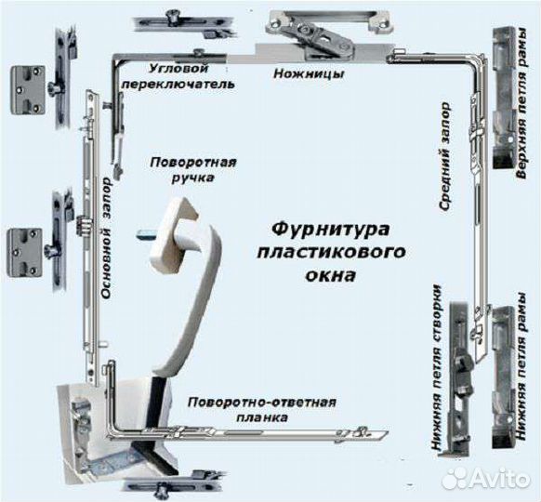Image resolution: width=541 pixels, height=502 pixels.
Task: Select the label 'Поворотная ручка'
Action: coord(193,169)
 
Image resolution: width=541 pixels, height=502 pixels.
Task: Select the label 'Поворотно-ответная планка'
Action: coord(260,410)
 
